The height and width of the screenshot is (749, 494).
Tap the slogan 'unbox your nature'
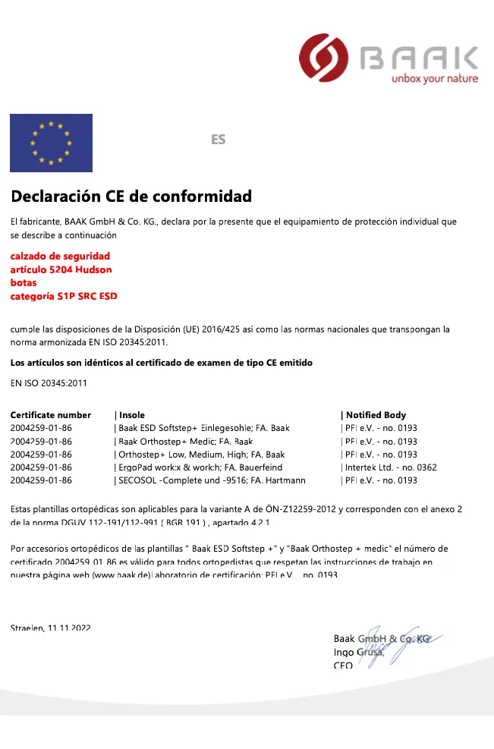pos(435,78)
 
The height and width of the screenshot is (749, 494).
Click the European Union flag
pos(51,143)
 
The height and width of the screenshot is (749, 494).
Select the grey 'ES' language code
pos(219,140)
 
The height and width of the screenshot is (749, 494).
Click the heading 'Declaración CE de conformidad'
pos(131,197)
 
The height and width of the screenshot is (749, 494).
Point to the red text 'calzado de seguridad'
pos(60,256)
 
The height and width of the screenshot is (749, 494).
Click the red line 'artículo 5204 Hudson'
pos(61,269)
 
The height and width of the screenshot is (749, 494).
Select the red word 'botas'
pos(24,283)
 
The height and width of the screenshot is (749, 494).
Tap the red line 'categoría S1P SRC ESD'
pos(64,296)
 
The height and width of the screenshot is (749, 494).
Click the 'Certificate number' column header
pos(50,415)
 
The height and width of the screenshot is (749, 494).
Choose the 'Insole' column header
pos(132,415)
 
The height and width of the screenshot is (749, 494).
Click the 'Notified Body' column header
pos(376,415)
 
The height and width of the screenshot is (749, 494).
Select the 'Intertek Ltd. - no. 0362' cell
pos(391,467)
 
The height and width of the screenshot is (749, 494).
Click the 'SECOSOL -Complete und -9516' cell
pos(212,480)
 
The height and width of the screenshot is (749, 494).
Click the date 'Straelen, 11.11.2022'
pos(50,628)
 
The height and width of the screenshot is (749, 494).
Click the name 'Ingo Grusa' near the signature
pos(358,653)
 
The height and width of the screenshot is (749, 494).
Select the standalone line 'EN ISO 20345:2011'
pos(49,382)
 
